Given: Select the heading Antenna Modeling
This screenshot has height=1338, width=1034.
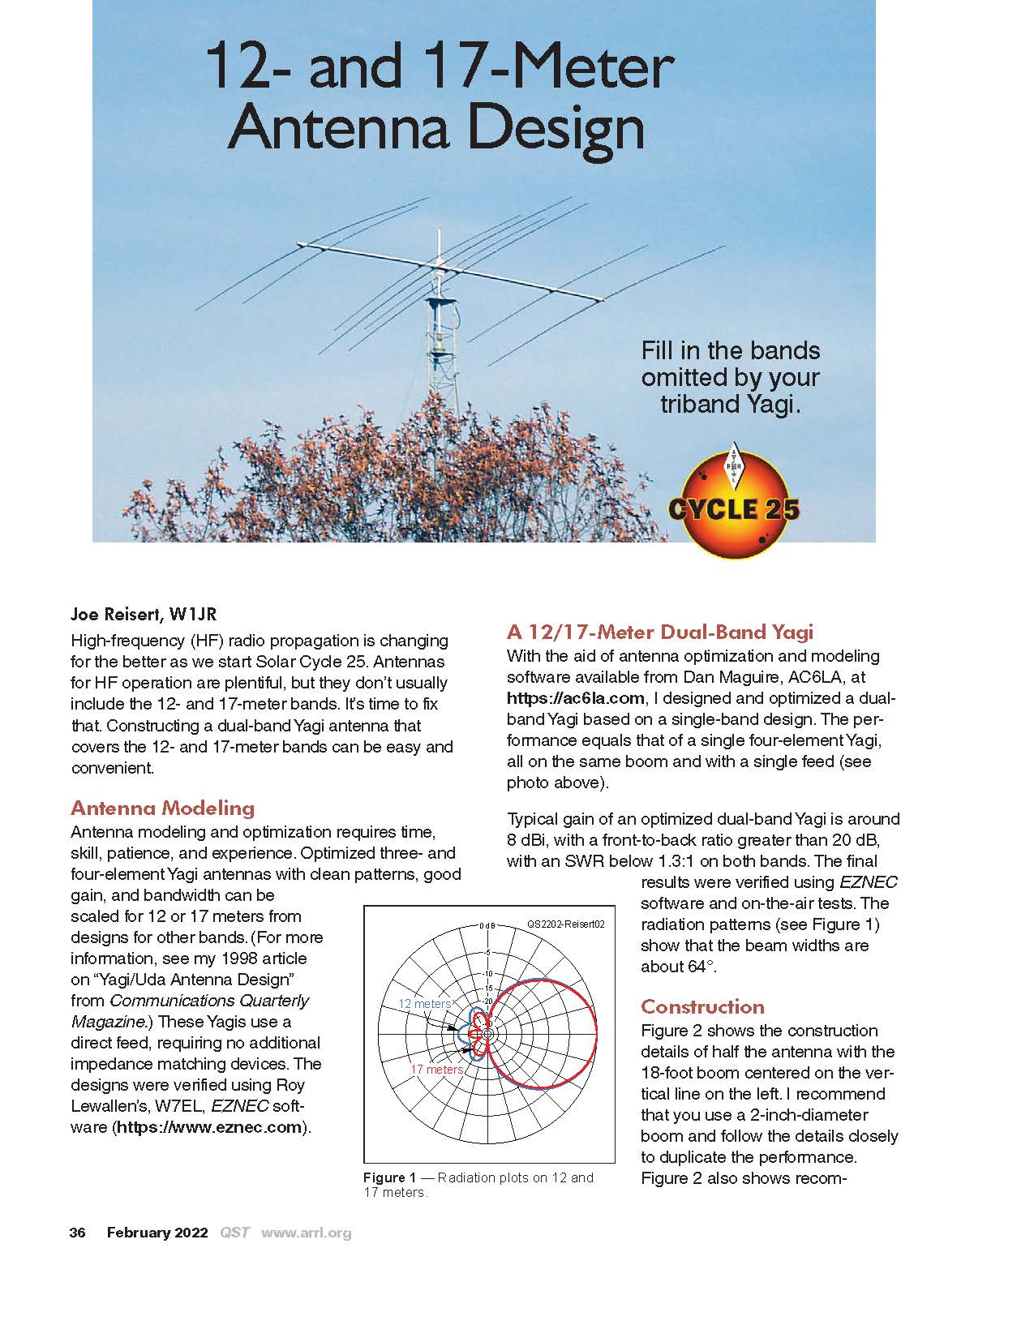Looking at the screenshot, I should tap(163, 808).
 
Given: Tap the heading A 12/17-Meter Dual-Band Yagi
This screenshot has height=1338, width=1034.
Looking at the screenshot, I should tap(659, 632).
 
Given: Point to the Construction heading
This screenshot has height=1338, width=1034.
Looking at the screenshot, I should tap(702, 1006).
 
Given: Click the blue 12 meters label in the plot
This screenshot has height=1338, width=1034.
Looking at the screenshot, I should tap(424, 1004).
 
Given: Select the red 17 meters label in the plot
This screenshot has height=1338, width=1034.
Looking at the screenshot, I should tap(436, 1070).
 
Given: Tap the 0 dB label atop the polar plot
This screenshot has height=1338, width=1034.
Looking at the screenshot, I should tap(487, 925).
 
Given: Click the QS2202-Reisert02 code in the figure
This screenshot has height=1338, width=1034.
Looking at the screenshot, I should tap(565, 924).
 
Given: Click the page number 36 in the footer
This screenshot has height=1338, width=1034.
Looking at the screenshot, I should tap(78, 1233).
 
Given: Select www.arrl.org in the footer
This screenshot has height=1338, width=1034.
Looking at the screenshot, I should tap(306, 1233).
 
